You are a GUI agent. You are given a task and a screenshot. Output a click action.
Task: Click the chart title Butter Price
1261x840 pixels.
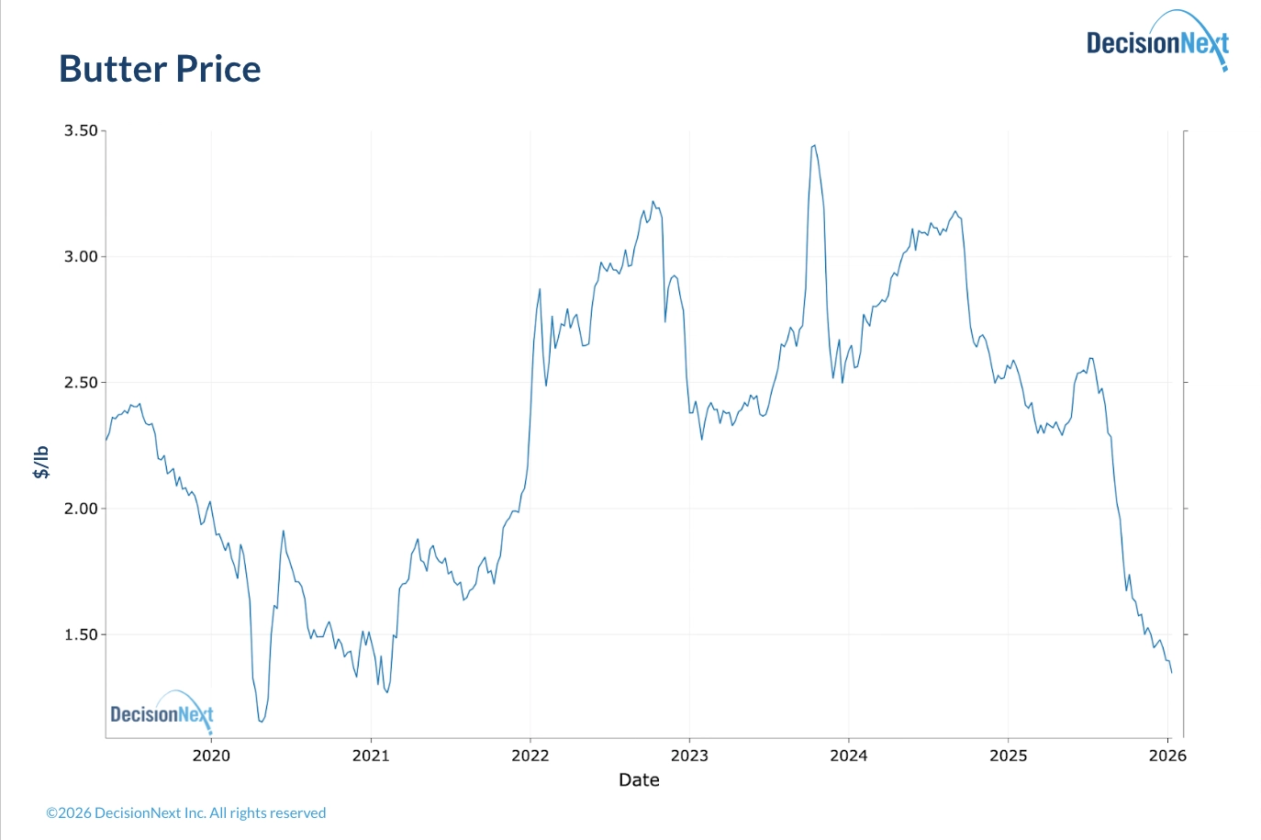tap(160, 70)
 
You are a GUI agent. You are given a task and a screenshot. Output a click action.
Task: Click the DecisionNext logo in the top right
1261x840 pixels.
tap(1156, 42)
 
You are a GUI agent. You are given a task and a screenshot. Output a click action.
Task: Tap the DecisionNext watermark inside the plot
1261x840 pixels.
tap(162, 713)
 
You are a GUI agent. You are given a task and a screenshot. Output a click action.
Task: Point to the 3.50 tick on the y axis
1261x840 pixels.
tap(81, 131)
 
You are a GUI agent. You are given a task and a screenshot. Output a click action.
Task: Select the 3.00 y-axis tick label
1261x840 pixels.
tap(81, 257)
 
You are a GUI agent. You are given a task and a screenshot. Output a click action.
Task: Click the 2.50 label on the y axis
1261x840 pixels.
tap(81, 383)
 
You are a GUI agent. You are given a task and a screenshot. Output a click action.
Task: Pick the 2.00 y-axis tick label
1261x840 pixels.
tap(81, 509)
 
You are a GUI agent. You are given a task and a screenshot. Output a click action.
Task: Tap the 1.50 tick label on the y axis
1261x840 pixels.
tap(81, 634)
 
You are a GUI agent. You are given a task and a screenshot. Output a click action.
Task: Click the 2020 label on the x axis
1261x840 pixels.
tap(211, 756)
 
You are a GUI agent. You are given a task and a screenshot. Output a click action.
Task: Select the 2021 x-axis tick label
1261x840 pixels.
tap(371, 756)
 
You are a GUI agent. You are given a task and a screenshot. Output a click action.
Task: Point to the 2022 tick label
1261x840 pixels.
tap(530, 756)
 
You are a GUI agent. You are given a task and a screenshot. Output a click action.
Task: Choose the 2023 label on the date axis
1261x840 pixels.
tap(689, 756)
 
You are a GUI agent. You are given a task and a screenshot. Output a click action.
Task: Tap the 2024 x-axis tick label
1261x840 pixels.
tap(848, 756)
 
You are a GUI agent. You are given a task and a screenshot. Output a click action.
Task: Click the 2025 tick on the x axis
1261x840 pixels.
tap(1008, 756)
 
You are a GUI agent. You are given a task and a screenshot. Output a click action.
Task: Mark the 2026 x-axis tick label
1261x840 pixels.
tap(1167, 756)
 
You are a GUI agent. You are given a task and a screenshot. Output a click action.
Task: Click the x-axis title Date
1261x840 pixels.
tap(639, 780)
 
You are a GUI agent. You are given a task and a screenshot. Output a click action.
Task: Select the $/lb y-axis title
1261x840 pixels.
tap(41, 462)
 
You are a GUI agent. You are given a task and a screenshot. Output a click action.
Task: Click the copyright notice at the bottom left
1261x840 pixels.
tap(186, 813)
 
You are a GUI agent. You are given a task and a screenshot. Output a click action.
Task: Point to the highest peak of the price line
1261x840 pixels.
tap(814, 145)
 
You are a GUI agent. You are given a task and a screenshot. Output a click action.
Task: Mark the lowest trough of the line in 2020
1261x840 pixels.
tap(262, 722)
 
